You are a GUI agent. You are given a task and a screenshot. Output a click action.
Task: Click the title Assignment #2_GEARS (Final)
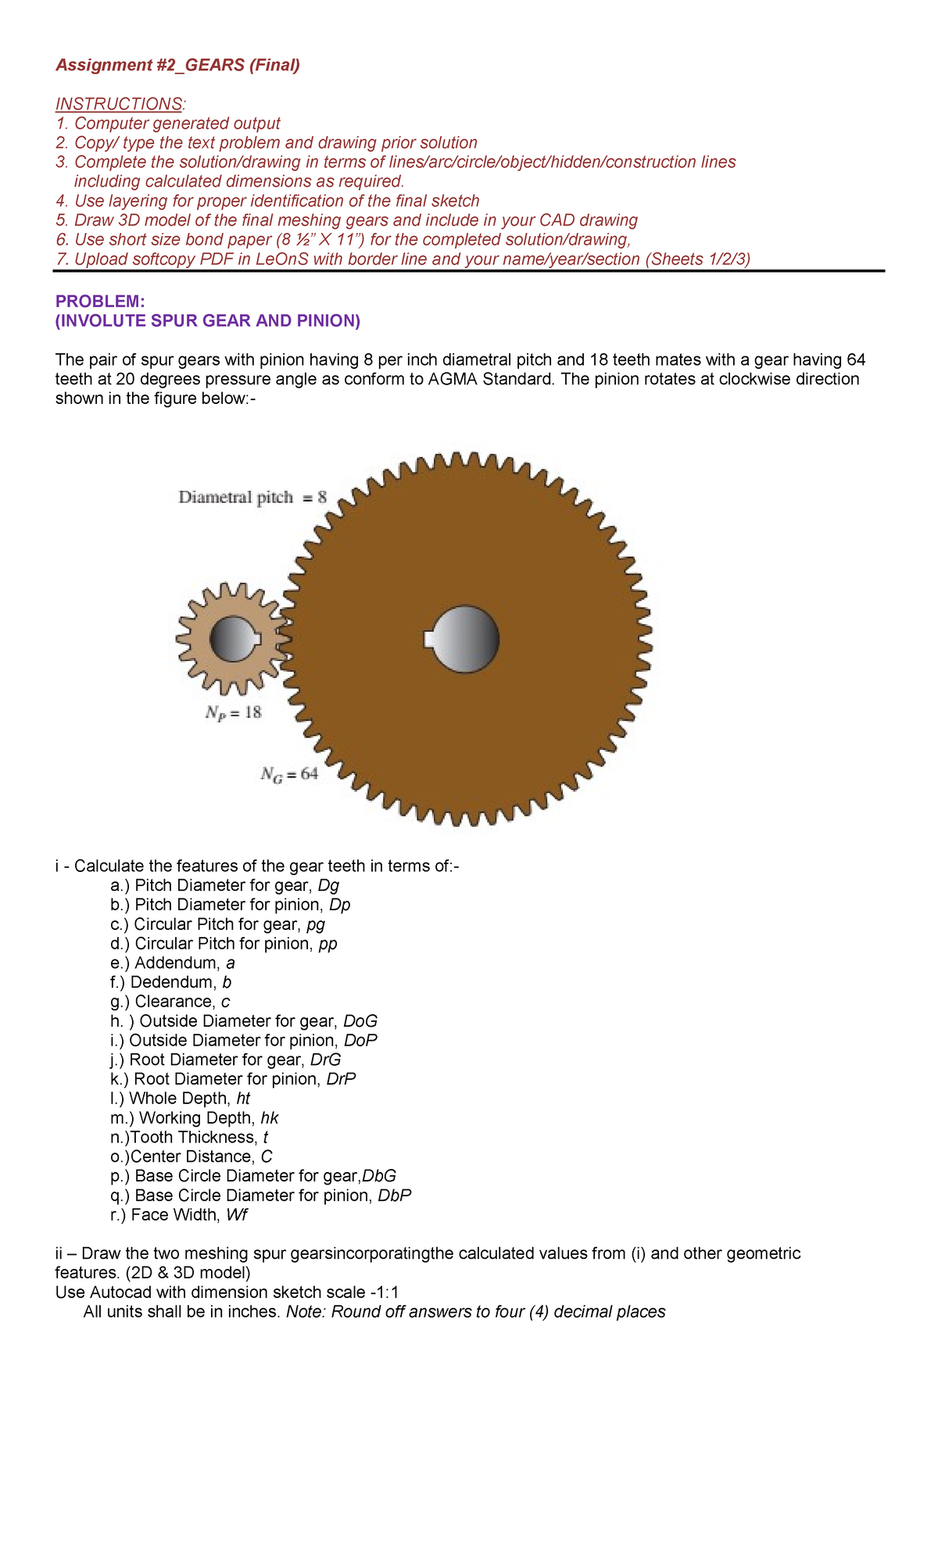click(x=177, y=65)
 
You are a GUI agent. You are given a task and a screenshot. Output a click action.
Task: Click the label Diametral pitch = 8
click(x=252, y=498)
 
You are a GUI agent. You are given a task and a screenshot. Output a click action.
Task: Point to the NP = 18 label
click(x=233, y=713)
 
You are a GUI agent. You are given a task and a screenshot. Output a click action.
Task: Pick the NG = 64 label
click(x=288, y=774)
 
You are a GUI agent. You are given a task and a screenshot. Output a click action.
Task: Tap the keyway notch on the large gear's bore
click(x=428, y=639)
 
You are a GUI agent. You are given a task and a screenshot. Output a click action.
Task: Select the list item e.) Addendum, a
click(x=173, y=963)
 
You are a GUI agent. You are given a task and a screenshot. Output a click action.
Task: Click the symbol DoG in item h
click(x=360, y=1021)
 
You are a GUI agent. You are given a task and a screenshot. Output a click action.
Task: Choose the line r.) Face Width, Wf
click(x=179, y=1215)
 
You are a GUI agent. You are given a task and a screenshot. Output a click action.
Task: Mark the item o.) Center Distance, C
click(x=192, y=1156)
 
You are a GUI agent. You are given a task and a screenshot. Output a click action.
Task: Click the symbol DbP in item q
click(x=394, y=1196)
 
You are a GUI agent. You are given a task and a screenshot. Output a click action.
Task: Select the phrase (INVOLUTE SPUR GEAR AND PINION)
click(x=207, y=321)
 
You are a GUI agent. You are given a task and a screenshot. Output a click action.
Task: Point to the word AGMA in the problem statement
click(x=450, y=380)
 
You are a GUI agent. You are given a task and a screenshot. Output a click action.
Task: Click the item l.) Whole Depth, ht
click(x=180, y=1099)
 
